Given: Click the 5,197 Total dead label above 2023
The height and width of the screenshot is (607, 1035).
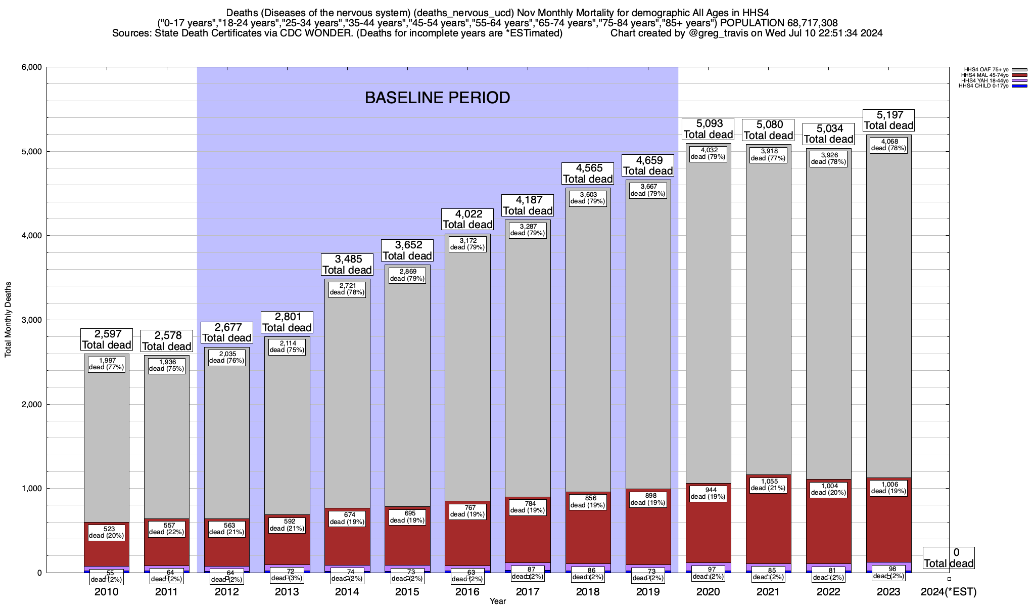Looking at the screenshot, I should click(888, 120).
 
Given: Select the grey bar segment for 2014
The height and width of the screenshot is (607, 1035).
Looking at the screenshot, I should click(347, 405).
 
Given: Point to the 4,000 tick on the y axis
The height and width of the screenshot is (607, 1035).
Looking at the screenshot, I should click(31, 236).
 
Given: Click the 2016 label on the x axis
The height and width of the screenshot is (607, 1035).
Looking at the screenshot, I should click(467, 592).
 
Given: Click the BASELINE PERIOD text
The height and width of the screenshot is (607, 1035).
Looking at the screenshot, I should click(437, 98).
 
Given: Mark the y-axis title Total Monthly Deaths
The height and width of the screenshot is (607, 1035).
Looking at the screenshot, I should click(8, 319).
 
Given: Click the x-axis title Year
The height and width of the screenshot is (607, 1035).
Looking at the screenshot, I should click(497, 601).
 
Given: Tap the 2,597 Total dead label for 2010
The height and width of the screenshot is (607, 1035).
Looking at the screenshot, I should click(107, 339).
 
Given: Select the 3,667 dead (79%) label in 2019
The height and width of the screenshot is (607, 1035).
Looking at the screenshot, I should click(648, 190).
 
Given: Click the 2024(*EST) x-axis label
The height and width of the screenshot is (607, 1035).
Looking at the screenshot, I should click(948, 592).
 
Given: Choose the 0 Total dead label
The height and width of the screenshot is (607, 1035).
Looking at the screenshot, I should click(948, 558).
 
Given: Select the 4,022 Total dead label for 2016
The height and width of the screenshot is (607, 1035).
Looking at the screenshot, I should click(467, 220).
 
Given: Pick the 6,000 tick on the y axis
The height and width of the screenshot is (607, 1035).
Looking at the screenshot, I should click(31, 67).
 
